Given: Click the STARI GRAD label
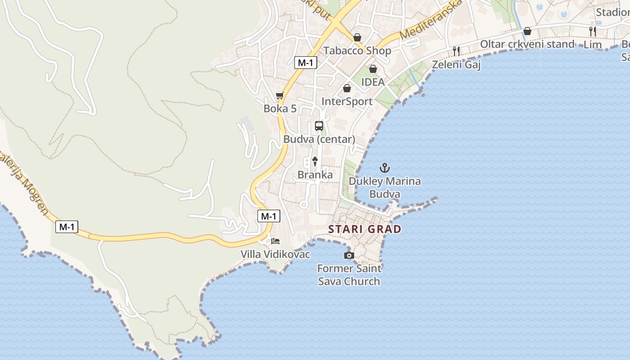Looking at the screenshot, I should (364, 229).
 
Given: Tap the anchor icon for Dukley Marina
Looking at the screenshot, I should (384, 168).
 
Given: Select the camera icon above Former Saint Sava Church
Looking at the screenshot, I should (349, 256).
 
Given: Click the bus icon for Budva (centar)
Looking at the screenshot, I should (319, 126).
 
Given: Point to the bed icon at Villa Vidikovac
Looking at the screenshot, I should (275, 241).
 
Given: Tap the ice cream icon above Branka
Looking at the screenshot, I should (315, 162).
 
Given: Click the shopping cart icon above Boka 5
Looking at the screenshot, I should (279, 95).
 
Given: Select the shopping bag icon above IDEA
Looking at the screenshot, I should (373, 69).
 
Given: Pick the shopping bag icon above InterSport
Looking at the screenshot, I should (346, 88).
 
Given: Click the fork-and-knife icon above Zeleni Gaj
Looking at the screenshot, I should (456, 51).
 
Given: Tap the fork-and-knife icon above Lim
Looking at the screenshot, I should (593, 31).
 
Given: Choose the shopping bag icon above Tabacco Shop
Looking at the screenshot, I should (357, 37).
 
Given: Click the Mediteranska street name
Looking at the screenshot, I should (431, 20).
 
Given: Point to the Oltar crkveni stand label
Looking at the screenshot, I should (527, 44).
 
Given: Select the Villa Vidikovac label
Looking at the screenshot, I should (275, 254).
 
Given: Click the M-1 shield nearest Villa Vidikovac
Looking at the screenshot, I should (269, 216).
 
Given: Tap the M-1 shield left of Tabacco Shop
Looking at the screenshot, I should (306, 63).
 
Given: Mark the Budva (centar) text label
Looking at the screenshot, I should (319, 139).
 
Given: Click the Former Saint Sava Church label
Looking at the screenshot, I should (349, 275).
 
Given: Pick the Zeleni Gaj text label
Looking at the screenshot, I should (456, 65).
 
